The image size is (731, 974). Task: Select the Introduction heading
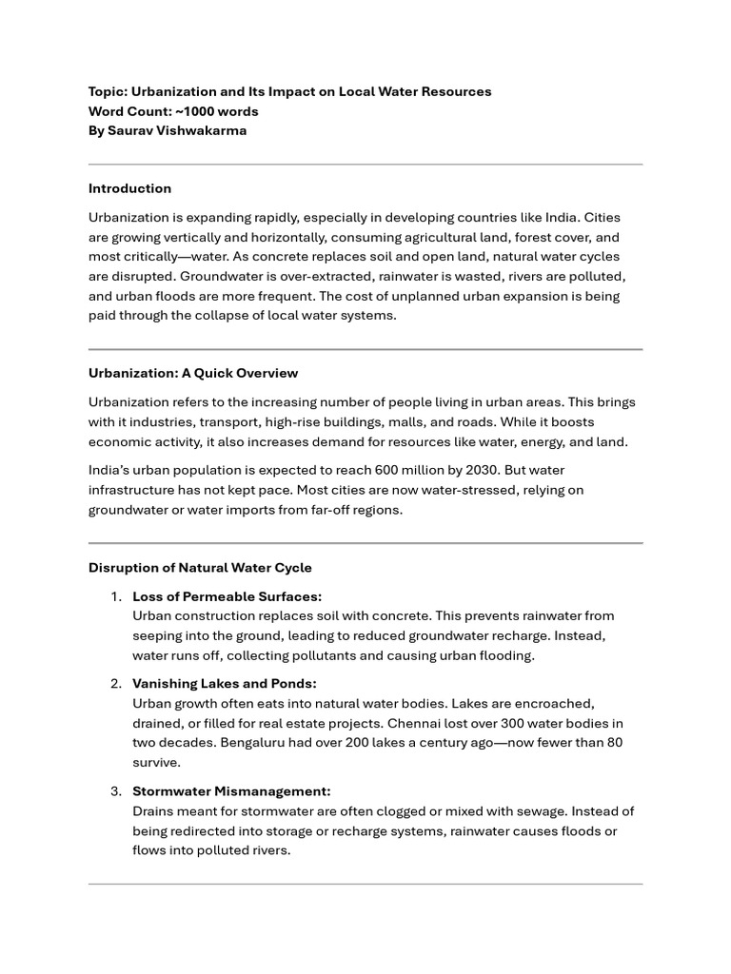point(129,188)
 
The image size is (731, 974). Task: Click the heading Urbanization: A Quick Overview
point(193,373)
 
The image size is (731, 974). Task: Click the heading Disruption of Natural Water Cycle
point(200,568)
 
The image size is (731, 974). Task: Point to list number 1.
point(114,596)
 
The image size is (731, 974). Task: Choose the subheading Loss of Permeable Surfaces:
point(227,596)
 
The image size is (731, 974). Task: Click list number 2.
point(114,684)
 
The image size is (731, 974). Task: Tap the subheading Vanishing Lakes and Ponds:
point(224,684)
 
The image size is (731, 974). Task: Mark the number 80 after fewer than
point(614,742)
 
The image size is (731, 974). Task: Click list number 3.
point(114,791)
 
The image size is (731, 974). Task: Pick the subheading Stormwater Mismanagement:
point(231,791)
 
